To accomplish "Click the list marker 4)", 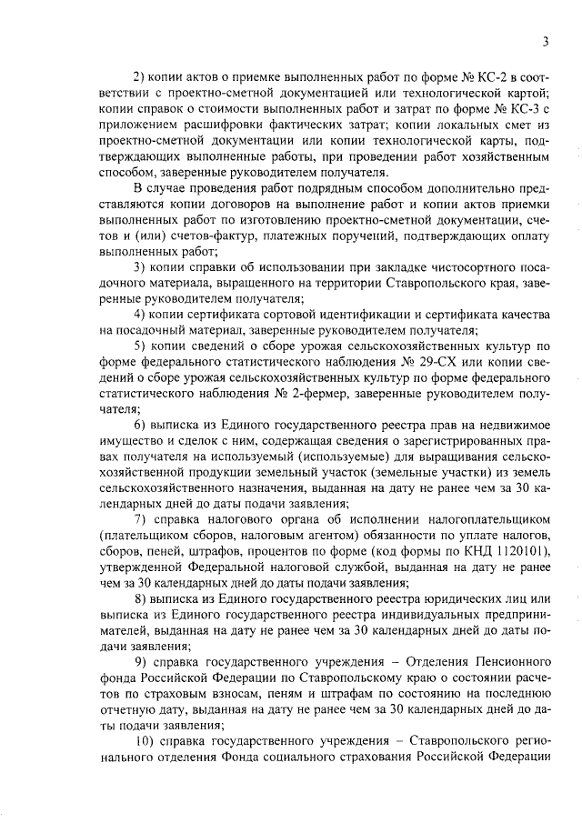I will click(142, 315).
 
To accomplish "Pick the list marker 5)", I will click(142, 348).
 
